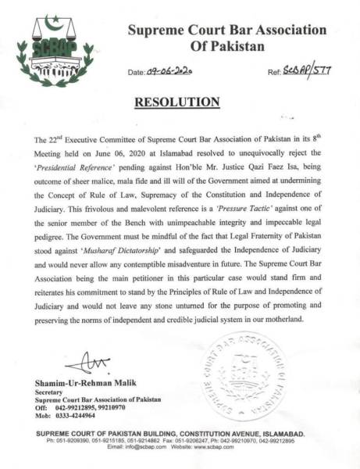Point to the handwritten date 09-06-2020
170,71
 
